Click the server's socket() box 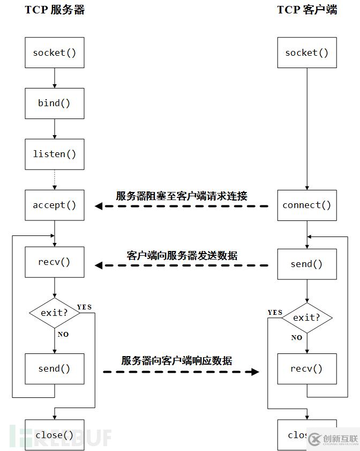pos(55,53)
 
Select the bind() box pos(55,103)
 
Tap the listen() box pos(55,154)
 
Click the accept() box pos(55,205)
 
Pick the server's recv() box pos(55,262)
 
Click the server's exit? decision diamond pos(55,313)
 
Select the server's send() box pos(55,369)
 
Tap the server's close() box pos(55,435)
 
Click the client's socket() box pos(307,53)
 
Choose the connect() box pos(307,205)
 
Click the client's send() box pos(307,264)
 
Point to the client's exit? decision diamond pos(307,318)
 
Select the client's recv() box pos(307,369)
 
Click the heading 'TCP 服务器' pos(55,10)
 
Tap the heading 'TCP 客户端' pos(307,10)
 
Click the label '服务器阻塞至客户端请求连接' pos(182,196)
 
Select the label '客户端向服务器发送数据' pos(182,255)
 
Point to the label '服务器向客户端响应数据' pos(177,361)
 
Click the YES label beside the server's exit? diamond pos(85,307)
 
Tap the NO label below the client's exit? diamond pos(297,338)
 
